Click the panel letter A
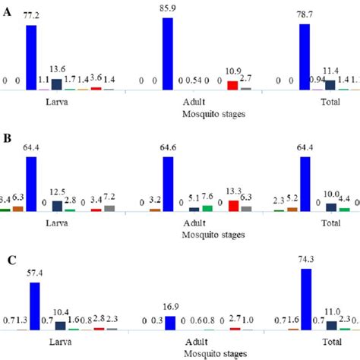pos(7,12)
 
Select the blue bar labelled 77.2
pos(32,57)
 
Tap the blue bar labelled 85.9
pos(168,53)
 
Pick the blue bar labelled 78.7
pos(305,56)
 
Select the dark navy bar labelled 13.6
pos(57,83)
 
